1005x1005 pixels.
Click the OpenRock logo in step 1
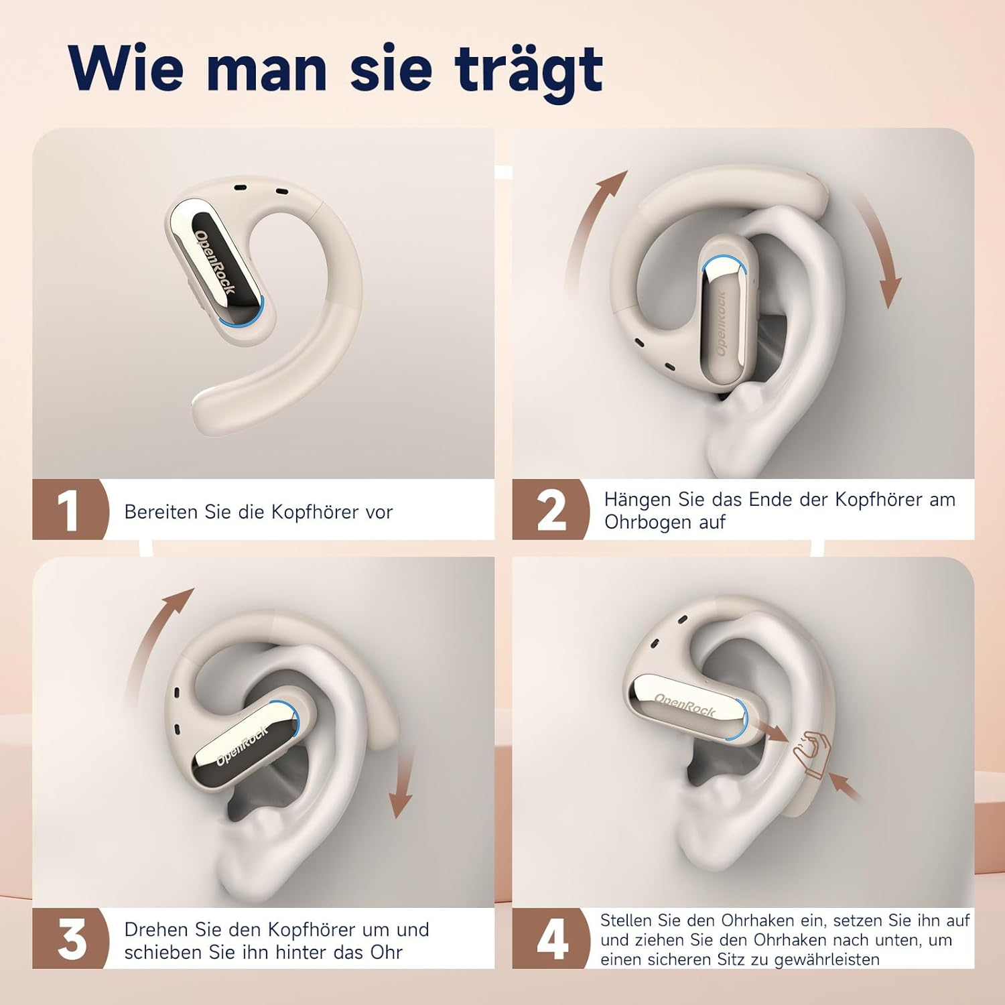point(214,262)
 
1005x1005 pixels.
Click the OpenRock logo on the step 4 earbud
point(685,706)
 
